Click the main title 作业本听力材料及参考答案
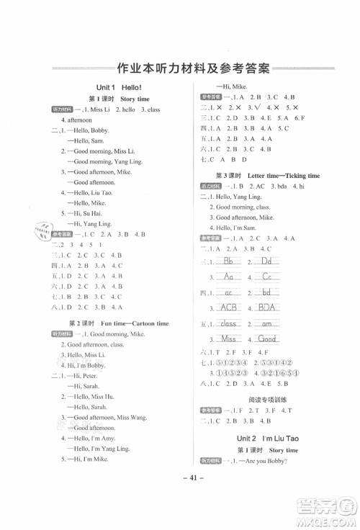click(x=192, y=70)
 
